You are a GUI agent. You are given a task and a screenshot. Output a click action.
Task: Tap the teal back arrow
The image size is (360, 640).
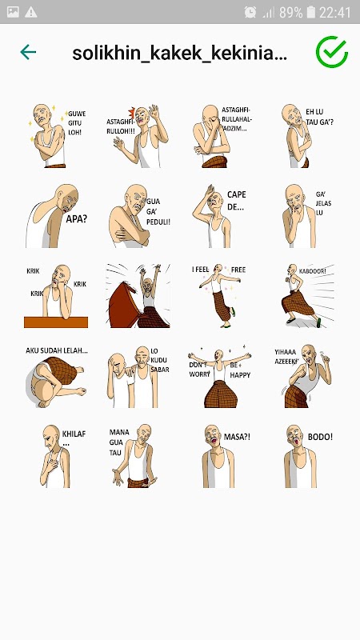click(x=28, y=52)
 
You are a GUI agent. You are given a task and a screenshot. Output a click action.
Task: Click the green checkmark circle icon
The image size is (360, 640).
click(x=332, y=52)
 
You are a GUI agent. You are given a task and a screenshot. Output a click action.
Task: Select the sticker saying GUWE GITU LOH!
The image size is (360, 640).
click(x=57, y=135)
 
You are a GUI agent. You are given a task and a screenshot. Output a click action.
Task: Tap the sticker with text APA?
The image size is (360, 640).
click(x=57, y=215)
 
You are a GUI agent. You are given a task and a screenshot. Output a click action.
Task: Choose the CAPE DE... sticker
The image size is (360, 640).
click(x=219, y=215)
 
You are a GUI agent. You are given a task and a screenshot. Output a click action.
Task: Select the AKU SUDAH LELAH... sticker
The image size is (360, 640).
click(x=57, y=377)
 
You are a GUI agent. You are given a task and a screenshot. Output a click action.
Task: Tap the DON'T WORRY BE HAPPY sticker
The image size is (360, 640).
click(x=219, y=375)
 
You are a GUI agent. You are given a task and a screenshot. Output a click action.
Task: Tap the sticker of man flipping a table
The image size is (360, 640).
click(x=138, y=295)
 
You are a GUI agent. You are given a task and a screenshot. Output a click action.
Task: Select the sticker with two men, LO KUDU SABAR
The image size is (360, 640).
click(x=138, y=376)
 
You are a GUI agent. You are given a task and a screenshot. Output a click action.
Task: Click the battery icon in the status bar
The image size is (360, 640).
click(x=311, y=12)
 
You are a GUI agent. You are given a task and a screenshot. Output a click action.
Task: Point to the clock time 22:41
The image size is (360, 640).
click(x=334, y=12)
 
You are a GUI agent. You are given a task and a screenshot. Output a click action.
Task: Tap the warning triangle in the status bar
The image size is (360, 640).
click(x=31, y=12)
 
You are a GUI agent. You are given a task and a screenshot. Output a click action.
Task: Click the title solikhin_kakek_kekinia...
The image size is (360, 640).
click(x=179, y=53)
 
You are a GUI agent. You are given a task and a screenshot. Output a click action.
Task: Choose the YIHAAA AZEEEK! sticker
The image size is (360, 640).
click(x=302, y=375)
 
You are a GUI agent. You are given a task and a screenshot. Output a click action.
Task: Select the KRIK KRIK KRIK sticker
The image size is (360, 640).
click(x=57, y=296)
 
